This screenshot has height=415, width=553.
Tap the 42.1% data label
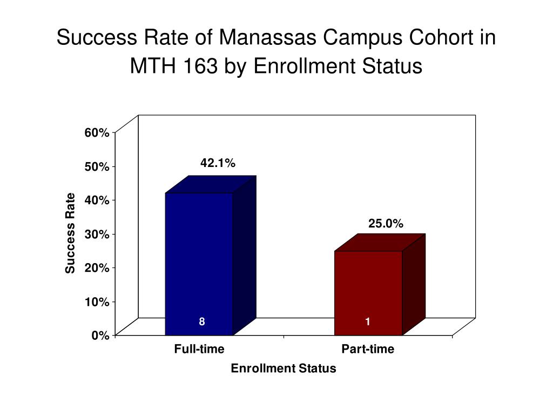218,163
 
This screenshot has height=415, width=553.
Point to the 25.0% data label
386,223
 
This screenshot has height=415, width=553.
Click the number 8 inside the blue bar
202,322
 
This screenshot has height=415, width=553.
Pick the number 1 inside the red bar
368,322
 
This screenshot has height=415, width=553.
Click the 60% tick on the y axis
97,133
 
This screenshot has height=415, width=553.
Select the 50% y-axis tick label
97,166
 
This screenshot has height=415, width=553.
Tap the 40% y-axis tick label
97,200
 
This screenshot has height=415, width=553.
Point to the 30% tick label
97,234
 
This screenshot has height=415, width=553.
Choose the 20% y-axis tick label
97,267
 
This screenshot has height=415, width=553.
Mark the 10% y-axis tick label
97,302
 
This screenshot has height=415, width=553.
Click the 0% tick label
100,335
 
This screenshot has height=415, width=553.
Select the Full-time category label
199,349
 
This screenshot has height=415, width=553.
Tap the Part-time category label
368,349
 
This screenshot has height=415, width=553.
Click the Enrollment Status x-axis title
284,369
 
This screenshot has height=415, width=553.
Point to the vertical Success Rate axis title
70,233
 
